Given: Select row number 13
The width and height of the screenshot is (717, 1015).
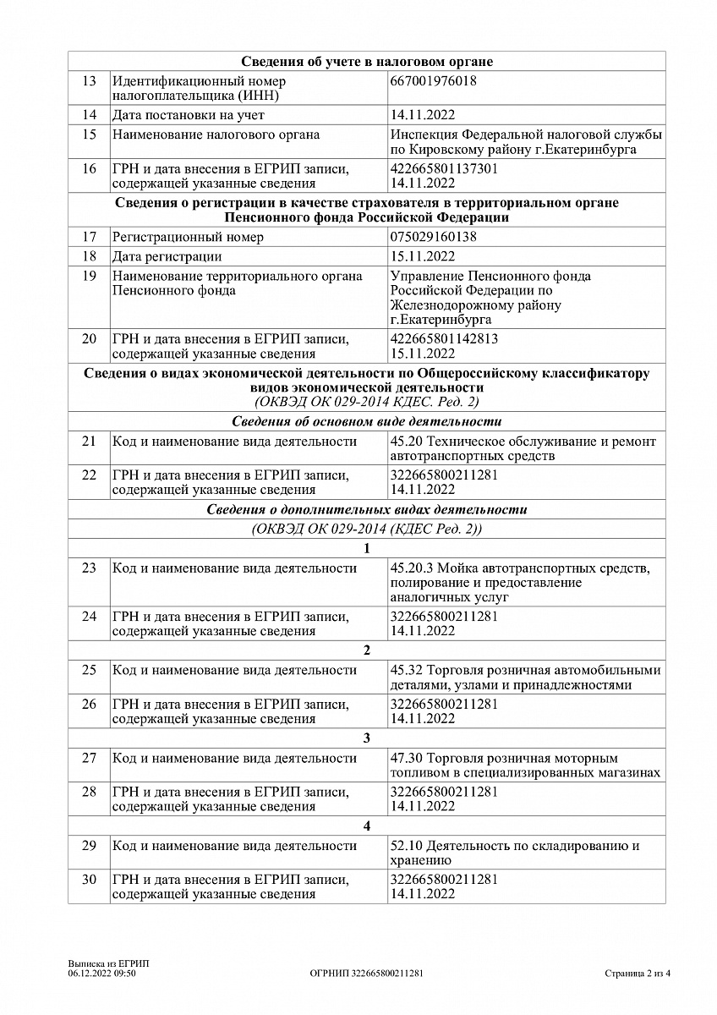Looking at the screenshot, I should coord(90,81).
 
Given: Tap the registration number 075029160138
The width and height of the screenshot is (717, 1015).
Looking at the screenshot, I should coord(433,237).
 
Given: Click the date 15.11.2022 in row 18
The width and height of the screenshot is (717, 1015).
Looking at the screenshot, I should coord(423,256).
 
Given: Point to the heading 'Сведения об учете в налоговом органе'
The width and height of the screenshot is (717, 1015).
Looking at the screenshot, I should coord(367,62).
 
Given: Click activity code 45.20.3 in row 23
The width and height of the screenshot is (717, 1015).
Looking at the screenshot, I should coord(408,568).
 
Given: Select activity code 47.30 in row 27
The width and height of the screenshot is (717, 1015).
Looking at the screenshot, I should coord(405,758).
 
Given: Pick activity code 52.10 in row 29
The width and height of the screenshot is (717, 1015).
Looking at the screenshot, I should coord(405,846).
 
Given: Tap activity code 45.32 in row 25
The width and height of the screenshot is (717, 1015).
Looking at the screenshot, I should coord(405,670).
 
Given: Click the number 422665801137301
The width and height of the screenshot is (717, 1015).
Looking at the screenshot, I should coord(444,168).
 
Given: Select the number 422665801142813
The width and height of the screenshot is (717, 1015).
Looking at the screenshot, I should coord(444,339).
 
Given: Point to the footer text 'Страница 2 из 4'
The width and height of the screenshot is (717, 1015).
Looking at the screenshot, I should coord(638,974).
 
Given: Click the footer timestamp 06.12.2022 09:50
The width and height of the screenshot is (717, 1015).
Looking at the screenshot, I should coord(102,974).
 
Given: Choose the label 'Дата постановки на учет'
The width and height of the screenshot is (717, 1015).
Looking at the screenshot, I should coord(189,115).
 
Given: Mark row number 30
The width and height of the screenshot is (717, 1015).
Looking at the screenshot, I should coord(90,880).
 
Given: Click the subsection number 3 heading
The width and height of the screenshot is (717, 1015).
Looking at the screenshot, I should coord(367,738).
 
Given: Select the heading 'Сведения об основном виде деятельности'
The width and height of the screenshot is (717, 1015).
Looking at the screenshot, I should coord(367,421).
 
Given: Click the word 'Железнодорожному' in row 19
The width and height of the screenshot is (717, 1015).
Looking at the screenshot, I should coord(442,304).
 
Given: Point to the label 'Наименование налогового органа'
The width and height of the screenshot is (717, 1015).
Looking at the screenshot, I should coord(216,134).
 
